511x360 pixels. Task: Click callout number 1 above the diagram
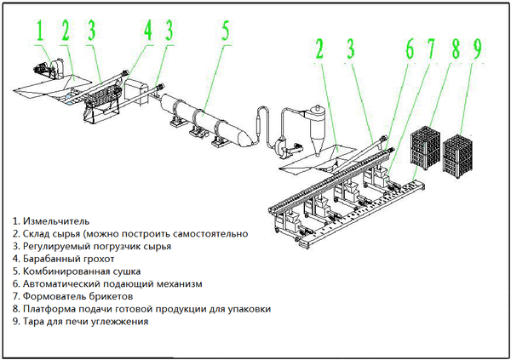(40, 31)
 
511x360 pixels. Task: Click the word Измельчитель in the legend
(57, 221)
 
